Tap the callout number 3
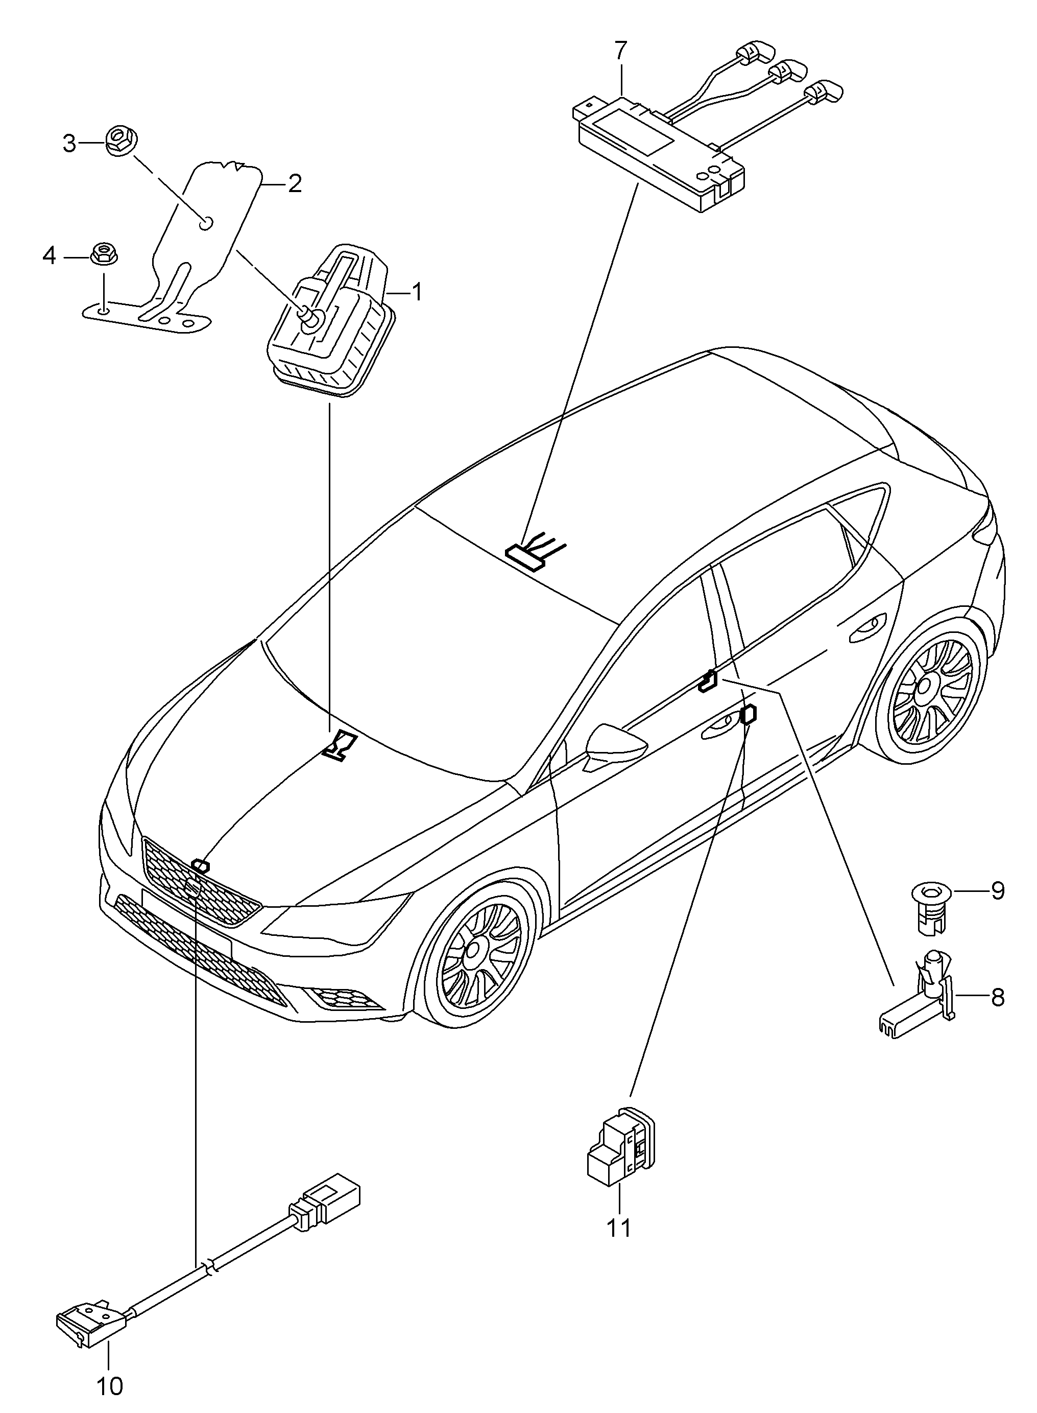click(x=69, y=144)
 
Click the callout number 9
click(x=998, y=891)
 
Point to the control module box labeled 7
click(x=659, y=151)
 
